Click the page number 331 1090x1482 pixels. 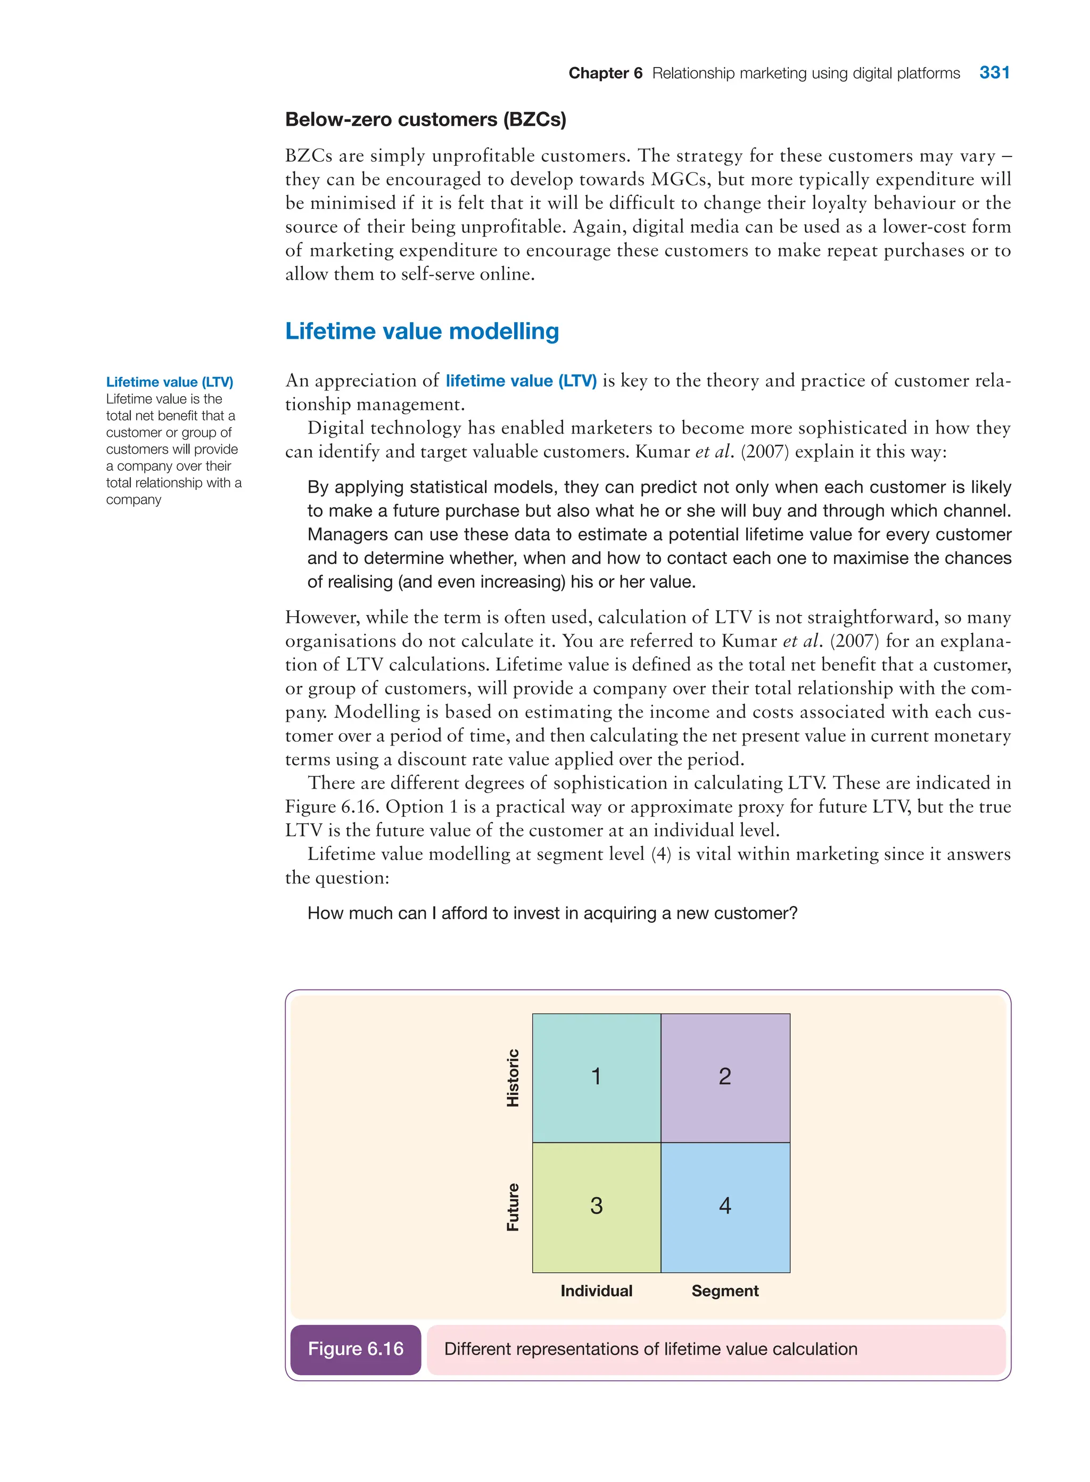click(x=994, y=72)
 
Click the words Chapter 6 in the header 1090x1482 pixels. click(x=605, y=73)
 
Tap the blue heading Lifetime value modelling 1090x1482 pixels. click(x=422, y=331)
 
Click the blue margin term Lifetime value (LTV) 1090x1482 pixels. click(x=170, y=382)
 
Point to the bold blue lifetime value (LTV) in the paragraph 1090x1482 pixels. click(x=521, y=381)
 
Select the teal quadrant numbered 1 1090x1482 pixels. click(x=596, y=1077)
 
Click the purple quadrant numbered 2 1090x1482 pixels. click(x=724, y=1077)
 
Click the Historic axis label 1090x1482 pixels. click(x=513, y=1077)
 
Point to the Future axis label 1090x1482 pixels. click(x=513, y=1207)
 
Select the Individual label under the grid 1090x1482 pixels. click(x=596, y=1291)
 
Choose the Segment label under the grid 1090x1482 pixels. click(x=724, y=1291)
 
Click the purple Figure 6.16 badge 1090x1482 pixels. click(x=356, y=1349)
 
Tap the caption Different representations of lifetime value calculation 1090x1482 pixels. click(x=650, y=1349)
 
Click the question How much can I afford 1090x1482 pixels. click(x=552, y=913)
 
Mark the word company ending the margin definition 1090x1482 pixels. click(x=134, y=500)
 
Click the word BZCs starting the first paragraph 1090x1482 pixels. click(x=308, y=156)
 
